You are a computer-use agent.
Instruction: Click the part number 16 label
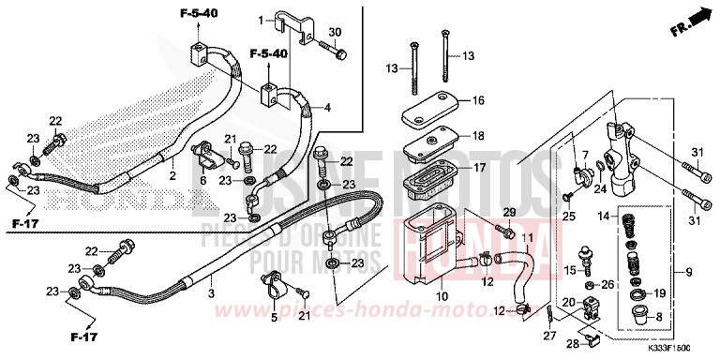[x=477, y=100]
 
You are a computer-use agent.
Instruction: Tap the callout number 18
[x=477, y=136]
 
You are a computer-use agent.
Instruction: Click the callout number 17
[x=477, y=169]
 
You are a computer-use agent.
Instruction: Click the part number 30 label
[x=335, y=35]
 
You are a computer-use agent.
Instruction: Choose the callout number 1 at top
[x=260, y=19]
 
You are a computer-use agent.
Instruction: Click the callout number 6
[x=202, y=180]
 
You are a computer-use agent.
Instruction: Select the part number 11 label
[x=526, y=238]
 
